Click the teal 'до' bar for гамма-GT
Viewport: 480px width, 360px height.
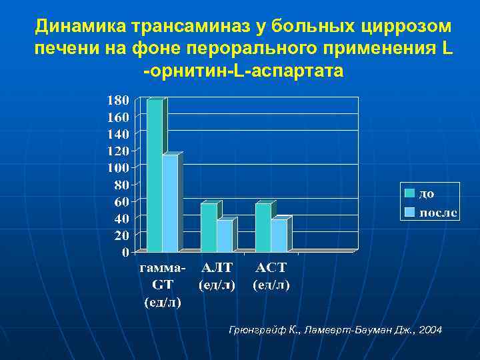(154, 175)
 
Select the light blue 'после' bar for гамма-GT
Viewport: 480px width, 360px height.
(169, 203)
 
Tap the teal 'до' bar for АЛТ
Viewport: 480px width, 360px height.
(209, 227)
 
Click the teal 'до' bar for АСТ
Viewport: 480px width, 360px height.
(263, 227)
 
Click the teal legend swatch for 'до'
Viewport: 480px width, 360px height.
(409, 193)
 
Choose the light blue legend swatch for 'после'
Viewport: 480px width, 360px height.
(409, 212)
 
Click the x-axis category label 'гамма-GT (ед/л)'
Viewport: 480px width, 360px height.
(163, 285)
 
